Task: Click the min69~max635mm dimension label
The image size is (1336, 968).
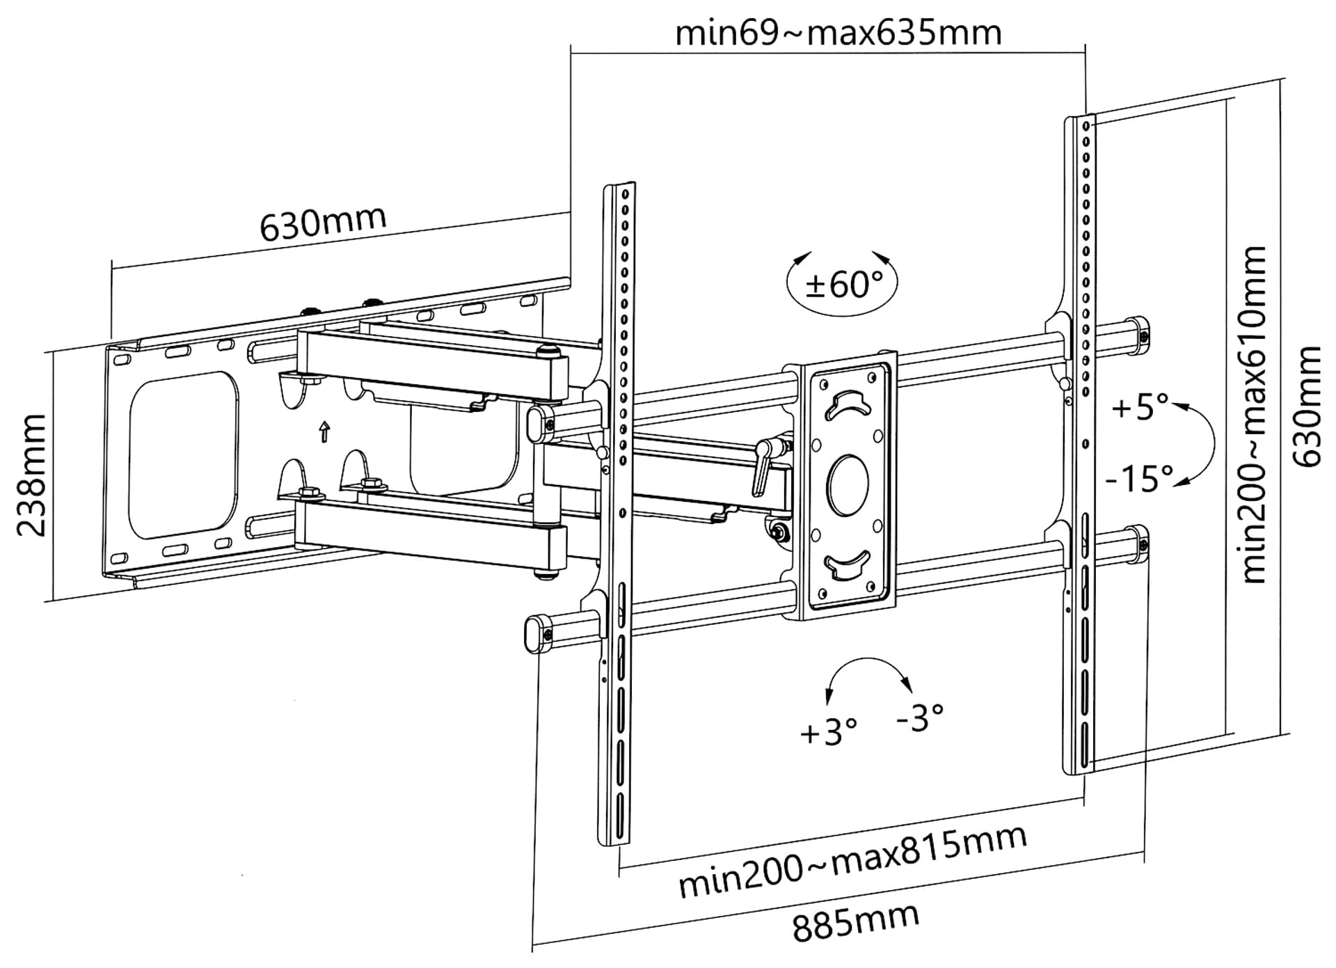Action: click(x=838, y=33)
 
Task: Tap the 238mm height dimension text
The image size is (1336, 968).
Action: click(x=31, y=475)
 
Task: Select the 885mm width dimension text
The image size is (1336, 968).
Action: click(x=855, y=922)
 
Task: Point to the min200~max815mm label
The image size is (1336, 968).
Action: click(x=852, y=862)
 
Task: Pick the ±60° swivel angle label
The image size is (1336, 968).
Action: click(x=843, y=284)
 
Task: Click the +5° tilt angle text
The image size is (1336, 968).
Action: click(x=1140, y=406)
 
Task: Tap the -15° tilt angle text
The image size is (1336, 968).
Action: click(x=1139, y=478)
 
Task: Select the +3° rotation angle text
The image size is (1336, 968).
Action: click(x=828, y=733)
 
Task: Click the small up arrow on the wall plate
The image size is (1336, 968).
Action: click(x=324, y=431)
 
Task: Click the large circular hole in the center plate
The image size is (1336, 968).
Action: click(x=848, y=485)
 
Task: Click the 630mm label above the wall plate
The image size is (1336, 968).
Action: click(x=323, y=223)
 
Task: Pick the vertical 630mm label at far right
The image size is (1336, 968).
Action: click(x=1306, y=406)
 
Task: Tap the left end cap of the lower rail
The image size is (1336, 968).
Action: click(x=536, y=633)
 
